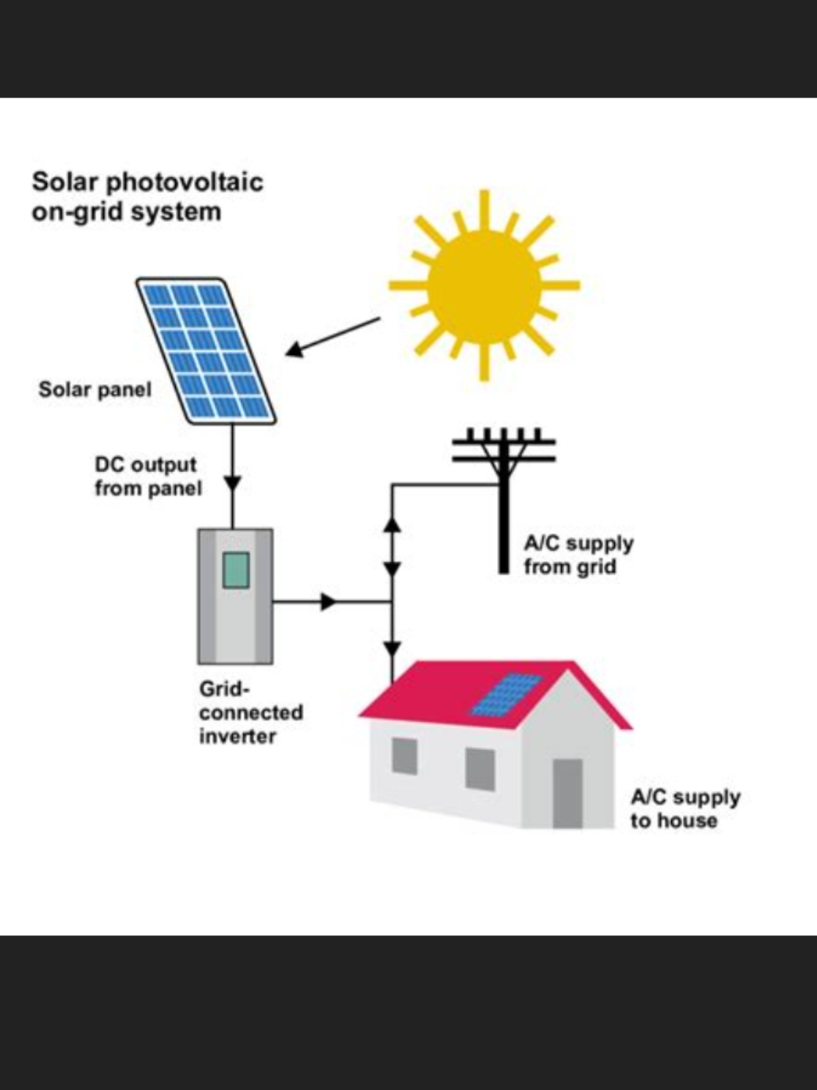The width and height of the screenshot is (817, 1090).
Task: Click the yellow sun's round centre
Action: coord(484,285)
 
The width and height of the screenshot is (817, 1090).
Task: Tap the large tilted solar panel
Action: coord(206,351)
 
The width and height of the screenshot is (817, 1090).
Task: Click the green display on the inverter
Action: coord(236,570)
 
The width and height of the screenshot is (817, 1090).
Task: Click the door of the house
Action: coord(568,793)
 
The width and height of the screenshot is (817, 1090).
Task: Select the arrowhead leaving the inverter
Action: coord(328,602)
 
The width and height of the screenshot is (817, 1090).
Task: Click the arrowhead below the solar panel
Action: coord(233,484)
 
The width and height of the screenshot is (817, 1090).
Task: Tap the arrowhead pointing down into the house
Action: coord(392,648)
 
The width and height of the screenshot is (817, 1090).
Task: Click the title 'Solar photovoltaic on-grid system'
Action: coord(147,197)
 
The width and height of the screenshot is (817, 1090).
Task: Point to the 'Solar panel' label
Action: coord(95,390)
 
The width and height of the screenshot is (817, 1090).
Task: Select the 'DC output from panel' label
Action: coord(148,476)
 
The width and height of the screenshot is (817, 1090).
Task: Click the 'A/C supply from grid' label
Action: coord(579,555)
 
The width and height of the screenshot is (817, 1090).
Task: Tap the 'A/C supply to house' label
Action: coord(685,808)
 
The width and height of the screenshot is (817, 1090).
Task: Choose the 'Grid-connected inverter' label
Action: coord(251,713)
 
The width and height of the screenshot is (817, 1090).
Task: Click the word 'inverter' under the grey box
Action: coord(238,736)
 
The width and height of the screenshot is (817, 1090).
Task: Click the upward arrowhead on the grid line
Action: coord(392,525)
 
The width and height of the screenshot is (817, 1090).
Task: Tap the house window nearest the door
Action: coord(480,769)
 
